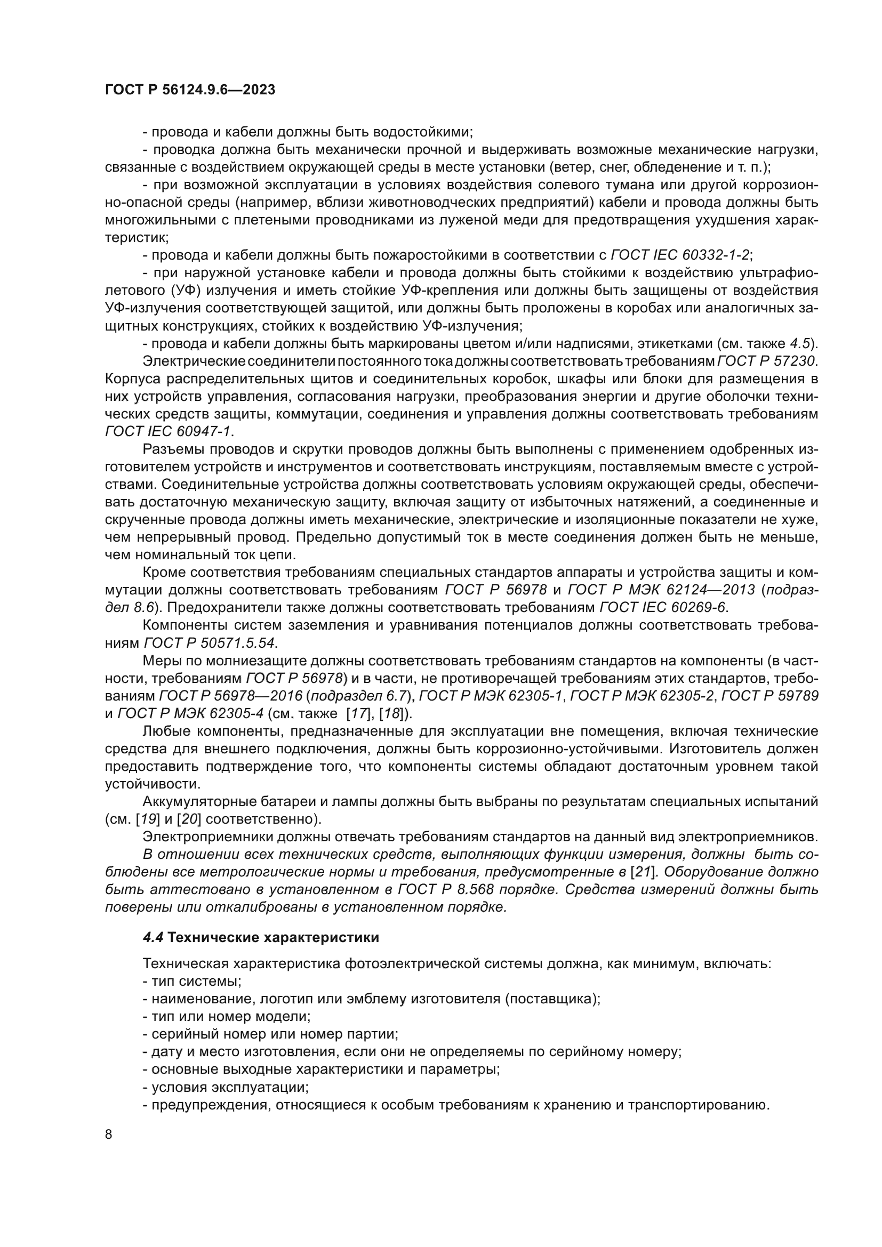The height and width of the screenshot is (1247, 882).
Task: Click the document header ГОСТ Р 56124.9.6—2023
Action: [190, 90]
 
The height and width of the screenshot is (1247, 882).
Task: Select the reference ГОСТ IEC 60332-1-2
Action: [680, 255]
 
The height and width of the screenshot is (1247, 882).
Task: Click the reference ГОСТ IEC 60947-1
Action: [169, 432]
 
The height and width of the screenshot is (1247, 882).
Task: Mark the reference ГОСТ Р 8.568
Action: [448, 890]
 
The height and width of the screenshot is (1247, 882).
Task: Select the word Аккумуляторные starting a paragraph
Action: [206, 802]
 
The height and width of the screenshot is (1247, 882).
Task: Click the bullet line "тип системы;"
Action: [193, 981]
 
